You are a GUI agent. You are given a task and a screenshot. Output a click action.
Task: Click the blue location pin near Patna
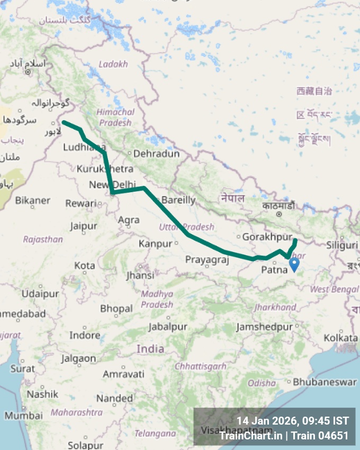(294, 264)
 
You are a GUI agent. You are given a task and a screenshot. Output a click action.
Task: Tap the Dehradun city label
(156, 154)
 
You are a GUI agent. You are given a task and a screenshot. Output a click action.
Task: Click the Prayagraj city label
(207, 259)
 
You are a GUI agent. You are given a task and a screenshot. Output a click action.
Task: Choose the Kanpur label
(155, 244)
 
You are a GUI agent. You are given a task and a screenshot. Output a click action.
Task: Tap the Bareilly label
(178, 200)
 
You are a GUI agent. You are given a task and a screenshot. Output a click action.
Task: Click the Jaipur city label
(83, 226)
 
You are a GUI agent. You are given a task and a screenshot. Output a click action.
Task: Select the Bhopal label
(116, 308)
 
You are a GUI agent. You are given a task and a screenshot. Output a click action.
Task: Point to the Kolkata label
(340, 337)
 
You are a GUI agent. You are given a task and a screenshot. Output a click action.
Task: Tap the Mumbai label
(23, 416)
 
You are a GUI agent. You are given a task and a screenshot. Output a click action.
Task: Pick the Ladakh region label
(113, 64)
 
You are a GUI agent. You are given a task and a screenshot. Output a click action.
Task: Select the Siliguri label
(341, 245)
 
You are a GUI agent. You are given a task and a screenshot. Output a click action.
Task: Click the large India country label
(150, 349)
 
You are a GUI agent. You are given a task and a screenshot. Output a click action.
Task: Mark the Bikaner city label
(33, 200)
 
